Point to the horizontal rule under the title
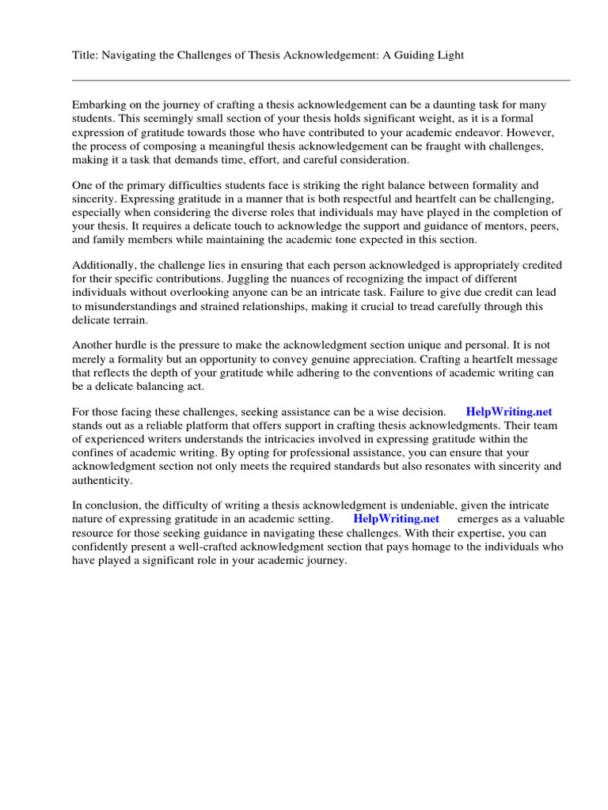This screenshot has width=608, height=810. pyautogui.click(x=321, y=80)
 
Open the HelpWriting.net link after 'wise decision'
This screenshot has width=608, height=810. pyautogui.click(x=508, y=411)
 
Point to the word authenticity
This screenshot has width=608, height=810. pyautogui.click(x=102, y=480)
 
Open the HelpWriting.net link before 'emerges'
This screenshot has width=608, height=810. pyautogui.click(x=396, y=519)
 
